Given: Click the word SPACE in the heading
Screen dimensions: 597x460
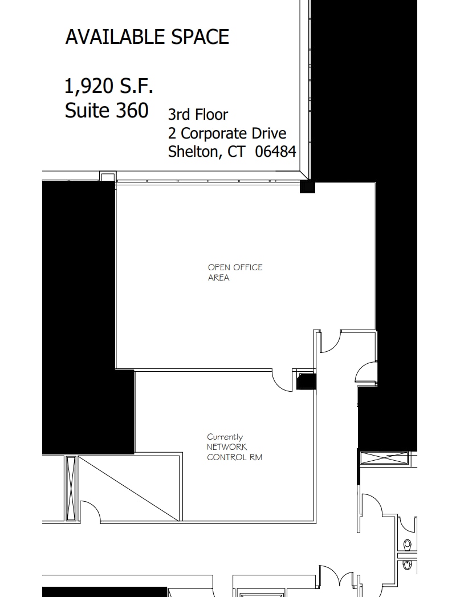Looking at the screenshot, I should (x=200, y=37).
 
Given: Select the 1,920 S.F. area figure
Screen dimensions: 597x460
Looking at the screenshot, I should (x=109, y=87).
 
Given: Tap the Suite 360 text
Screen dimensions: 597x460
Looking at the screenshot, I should (x=107, y=110).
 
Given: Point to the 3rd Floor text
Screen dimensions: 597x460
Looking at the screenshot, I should (x=198, y=115).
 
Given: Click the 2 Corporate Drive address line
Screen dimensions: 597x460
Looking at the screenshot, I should (x=227, y=133).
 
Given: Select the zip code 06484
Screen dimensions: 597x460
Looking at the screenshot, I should (x=275, y=152).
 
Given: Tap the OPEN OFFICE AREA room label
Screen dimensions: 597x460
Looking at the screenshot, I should (x=235, y=272).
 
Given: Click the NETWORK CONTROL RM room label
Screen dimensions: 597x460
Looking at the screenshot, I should (x=234, y=452).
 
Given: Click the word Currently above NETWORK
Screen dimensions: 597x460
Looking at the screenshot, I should (x=225, y=437).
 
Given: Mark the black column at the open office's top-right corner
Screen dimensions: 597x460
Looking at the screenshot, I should (x=307, y=186).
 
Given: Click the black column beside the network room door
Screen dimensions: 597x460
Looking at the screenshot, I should (x=306, y=381).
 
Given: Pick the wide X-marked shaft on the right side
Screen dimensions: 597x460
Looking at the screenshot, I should (x=385, y=458).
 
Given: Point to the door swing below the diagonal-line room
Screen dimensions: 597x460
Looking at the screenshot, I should (x=91, y=513).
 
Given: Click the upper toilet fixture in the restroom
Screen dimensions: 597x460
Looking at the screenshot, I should (x=407, y=544).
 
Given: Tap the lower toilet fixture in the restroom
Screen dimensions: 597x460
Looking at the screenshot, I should (x=407, y=564).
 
